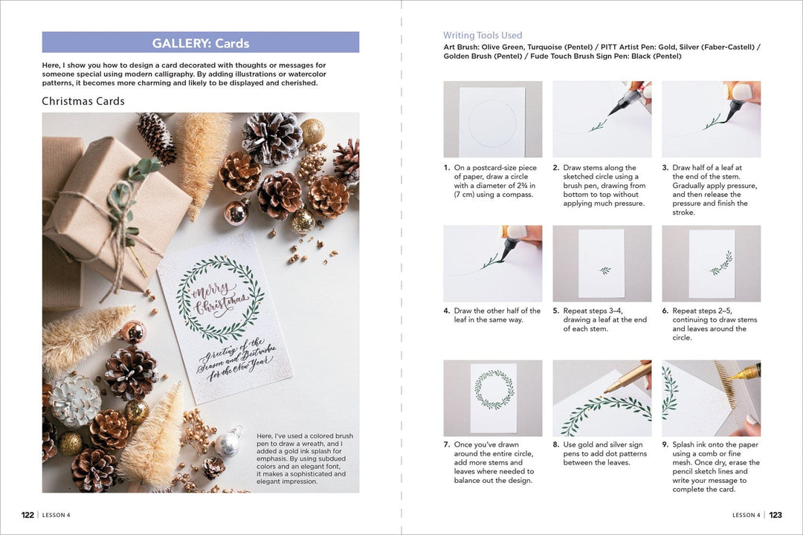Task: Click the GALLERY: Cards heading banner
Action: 201,42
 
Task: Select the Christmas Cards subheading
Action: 83,101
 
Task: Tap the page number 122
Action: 28,515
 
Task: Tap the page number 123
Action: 775,515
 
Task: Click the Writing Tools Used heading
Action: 483,35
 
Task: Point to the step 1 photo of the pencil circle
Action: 492,119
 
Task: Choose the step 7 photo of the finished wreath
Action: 492,398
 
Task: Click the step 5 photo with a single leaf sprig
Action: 602,264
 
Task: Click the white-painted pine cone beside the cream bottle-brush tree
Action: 74,400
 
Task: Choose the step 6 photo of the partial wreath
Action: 711,264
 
